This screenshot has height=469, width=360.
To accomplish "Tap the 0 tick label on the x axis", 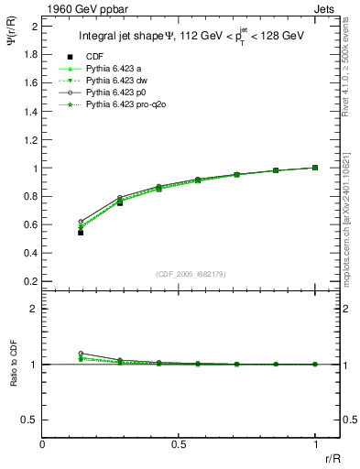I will [x=43, y=445].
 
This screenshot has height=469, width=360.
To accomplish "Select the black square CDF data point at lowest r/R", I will [x=82, y=233].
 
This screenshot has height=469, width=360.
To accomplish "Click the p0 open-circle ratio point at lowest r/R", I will [x=82, y=353].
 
